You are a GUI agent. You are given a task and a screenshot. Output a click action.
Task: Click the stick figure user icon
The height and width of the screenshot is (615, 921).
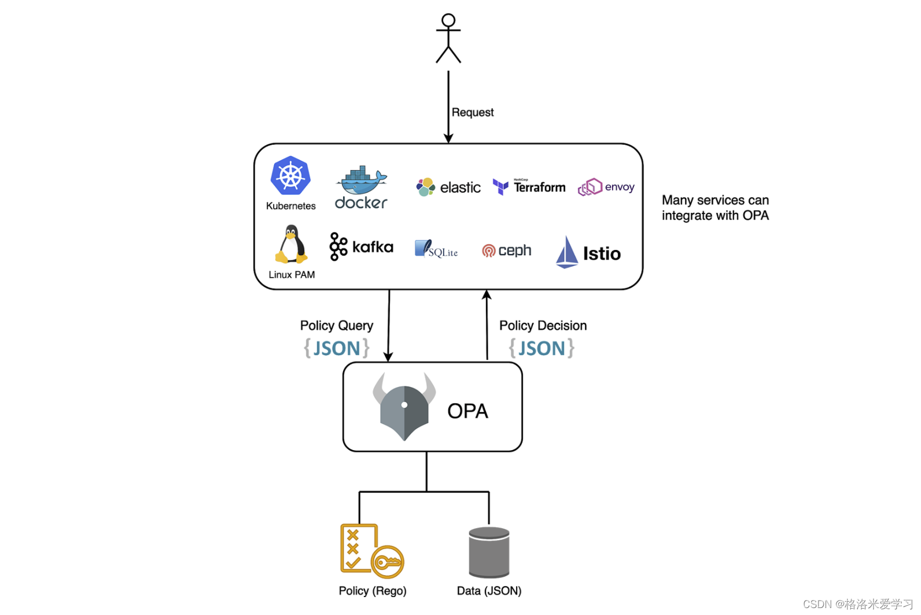coord(448,38)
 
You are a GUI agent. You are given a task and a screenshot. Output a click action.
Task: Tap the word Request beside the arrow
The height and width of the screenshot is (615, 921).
coord(473,112)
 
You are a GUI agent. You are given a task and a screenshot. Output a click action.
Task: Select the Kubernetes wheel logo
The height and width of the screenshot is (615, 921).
coord(290,175)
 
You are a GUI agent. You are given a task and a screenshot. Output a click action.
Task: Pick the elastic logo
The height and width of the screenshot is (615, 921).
coord(448,187)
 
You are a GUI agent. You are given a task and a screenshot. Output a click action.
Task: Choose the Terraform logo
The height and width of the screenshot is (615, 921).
coord(529,187)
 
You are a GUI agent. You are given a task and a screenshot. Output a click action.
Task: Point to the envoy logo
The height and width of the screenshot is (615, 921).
coord(606,187)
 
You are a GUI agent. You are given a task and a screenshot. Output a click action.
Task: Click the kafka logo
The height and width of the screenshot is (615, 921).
coord(362,247)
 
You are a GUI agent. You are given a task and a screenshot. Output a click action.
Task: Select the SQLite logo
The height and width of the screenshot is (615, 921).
coord(436,249)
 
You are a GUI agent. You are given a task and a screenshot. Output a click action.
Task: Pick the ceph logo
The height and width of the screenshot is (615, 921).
coord(507,251)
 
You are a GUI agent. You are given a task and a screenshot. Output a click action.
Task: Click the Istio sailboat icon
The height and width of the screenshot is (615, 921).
coord(567,252)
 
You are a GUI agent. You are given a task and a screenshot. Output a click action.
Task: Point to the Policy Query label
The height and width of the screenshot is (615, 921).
coord(337,326)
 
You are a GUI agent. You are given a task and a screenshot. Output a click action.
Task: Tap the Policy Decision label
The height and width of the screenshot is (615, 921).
coord(543,326)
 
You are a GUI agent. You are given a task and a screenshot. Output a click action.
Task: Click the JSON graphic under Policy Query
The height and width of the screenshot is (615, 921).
coord(337,348)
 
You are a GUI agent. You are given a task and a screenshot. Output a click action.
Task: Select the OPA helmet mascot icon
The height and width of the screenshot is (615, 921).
coord(404,407)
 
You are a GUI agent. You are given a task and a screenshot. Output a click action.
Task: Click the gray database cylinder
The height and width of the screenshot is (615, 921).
coord(489,553)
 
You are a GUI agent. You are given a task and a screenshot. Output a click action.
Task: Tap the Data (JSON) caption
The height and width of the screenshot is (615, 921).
coord(489,591)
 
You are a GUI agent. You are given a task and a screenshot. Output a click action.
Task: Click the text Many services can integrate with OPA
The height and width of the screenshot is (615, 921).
coord(715,208)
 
